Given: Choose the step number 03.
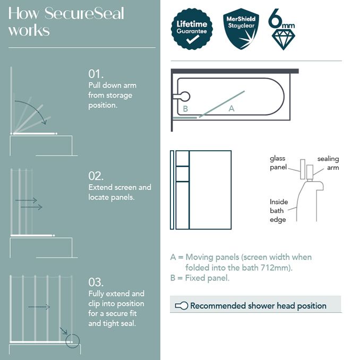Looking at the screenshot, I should (x=96, y=282).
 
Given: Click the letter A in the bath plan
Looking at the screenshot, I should (x=231, y=108).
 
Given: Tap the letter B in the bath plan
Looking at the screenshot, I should (x=185, y=108).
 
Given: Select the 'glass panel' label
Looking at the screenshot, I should (x=278, y=162).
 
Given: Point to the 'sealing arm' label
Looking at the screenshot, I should (x=328, y=163).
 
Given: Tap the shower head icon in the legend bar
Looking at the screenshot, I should (x=182, y=305).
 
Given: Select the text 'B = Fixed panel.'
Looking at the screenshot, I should (x=200, y=278).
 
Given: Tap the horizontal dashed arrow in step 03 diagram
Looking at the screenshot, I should (x=39, y=307).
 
